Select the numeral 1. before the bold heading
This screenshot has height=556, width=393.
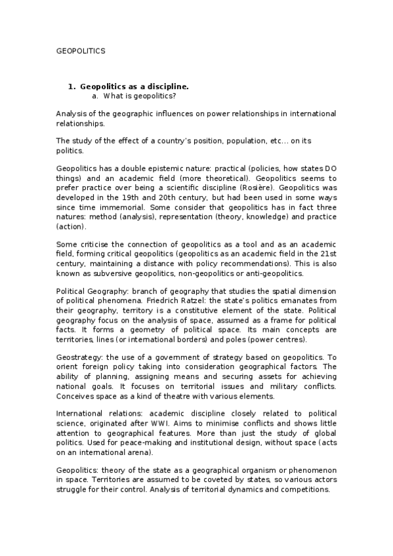click(x=72, y=87)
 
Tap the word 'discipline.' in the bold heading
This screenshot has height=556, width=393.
click(x=169, y=87)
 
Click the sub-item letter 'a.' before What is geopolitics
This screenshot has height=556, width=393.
click(x=96, y=96)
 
